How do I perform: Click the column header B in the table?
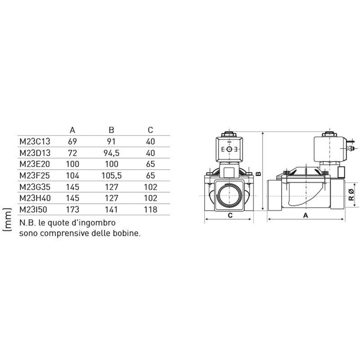coord(111,130)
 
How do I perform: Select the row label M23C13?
coord(35,141)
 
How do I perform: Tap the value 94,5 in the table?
coord(111,153)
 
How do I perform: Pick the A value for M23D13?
coord(72,153)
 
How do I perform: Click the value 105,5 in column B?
coord(112,175)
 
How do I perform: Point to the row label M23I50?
coord(33,209)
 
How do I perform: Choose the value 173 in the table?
coord(72,209)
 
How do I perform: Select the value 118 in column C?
coord(150,209)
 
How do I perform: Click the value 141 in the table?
coord(111,209)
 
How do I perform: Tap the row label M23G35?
coord(35,187)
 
